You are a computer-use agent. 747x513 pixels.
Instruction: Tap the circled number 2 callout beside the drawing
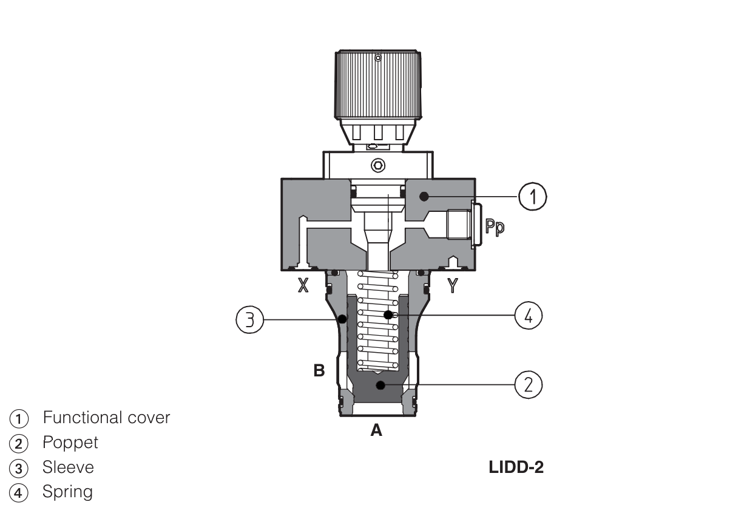[528, 386]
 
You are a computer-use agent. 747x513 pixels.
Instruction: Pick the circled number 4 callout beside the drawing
[528, 316]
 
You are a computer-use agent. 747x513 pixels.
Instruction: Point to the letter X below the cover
[302, 285]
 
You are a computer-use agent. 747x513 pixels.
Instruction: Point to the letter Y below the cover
[451, 284]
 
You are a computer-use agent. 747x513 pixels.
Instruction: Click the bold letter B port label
[319, 370]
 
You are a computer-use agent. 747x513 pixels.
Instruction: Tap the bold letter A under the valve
[376, 431]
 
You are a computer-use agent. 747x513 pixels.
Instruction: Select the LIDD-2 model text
[516, 468]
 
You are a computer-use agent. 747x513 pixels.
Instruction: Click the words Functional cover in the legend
[106, 418]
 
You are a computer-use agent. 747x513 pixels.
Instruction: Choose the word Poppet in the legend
[70, 443]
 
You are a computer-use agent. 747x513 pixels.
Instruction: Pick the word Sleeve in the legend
[68, 467]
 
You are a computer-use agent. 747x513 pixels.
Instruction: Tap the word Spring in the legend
[67, 492]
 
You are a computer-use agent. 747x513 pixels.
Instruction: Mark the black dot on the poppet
[380, 385]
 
